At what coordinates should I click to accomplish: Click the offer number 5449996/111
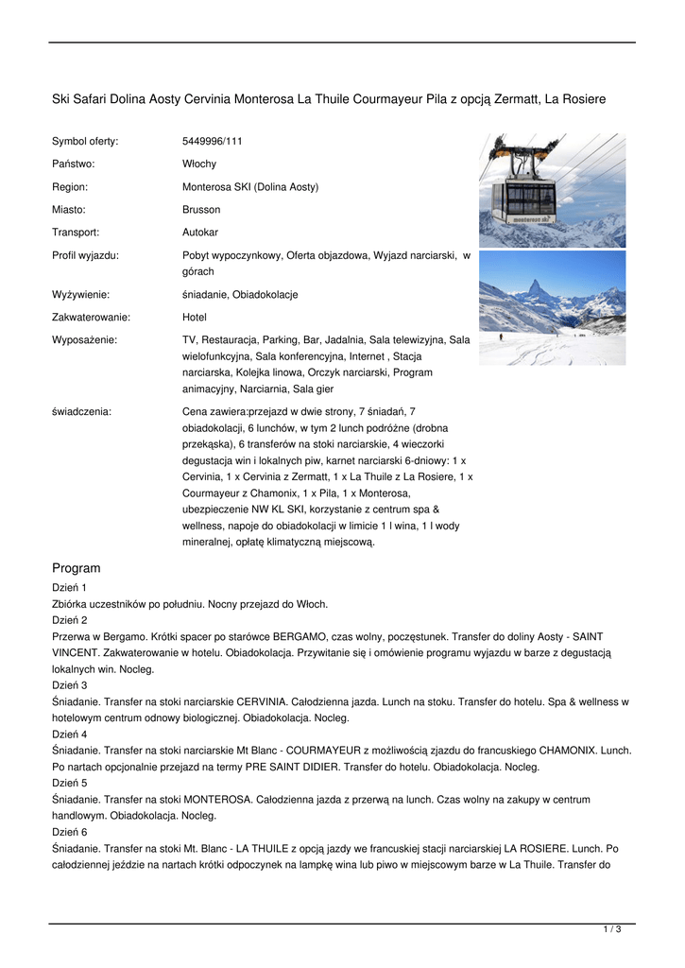(212, 142)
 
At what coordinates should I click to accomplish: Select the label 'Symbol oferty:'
(85, 142)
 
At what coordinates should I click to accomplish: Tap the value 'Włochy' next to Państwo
(198, 164)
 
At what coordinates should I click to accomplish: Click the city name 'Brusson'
(201, 210)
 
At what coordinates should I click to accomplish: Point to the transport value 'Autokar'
(200, 232)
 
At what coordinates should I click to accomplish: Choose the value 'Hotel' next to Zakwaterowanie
(194, 318)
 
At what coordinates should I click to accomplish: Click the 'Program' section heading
(76, 568)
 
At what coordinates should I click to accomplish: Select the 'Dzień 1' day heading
(69, 588)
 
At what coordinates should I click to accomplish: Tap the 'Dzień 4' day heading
(69, 734)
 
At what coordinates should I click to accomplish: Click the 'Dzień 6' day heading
(69, 832)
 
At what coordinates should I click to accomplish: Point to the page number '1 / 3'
(612, 930)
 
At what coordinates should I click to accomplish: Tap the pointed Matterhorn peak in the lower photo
(536, 285)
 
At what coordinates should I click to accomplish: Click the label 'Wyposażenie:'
(84, 339)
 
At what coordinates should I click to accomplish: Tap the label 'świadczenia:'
(81, 412)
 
